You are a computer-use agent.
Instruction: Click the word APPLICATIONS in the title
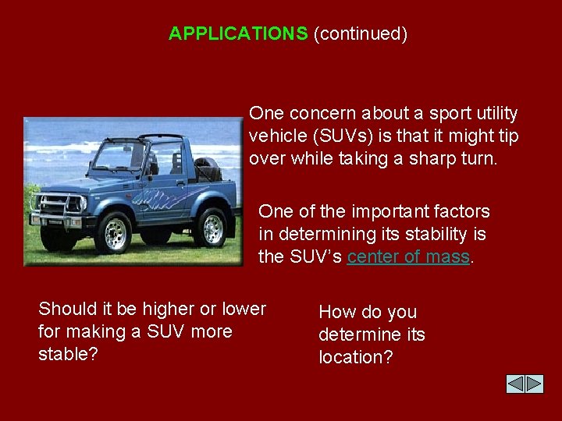238,34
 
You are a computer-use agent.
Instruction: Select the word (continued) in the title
360,34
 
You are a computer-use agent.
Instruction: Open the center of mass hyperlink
408,256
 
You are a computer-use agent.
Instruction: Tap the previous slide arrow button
515,384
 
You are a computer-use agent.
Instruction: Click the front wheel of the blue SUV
116,232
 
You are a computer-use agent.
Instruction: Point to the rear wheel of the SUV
212,227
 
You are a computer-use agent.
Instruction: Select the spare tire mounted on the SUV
206,169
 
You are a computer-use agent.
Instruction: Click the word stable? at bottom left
68,354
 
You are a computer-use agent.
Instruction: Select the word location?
355,357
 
